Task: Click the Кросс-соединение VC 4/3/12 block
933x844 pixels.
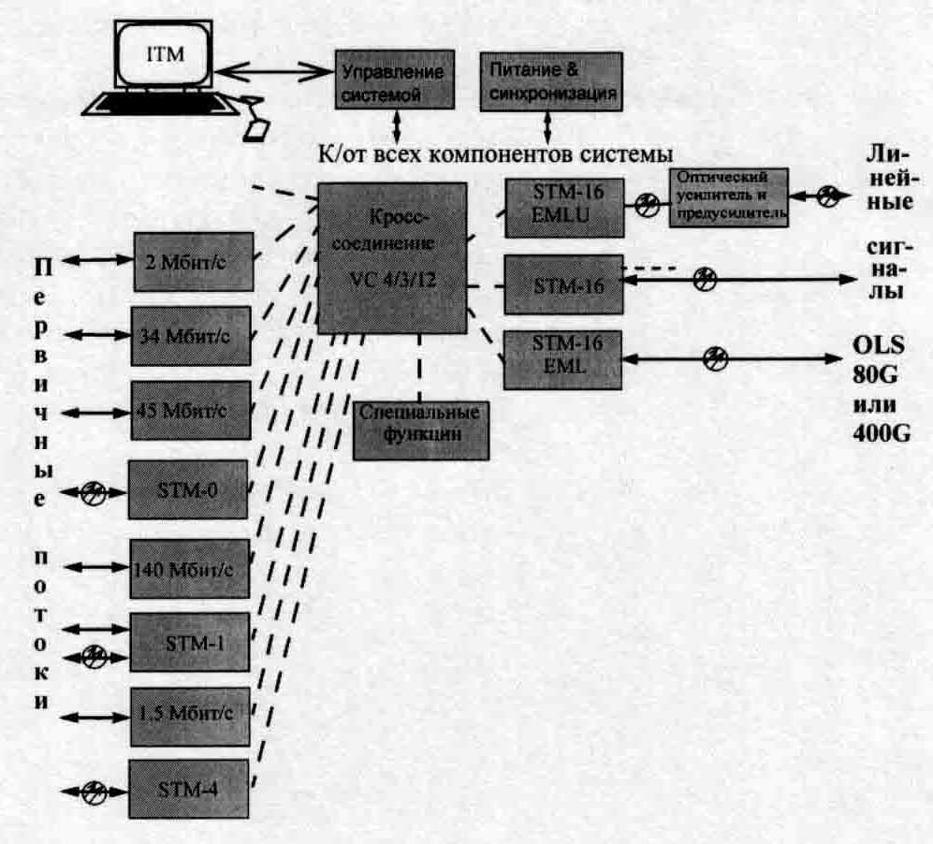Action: tap(392, 257)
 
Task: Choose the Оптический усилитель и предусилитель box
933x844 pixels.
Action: tap(729, 198)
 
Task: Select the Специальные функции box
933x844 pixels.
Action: tap(421, 427)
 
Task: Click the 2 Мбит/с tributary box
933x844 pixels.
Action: tap(193, 259)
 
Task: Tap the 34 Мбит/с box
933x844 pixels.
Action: tap(191, 334)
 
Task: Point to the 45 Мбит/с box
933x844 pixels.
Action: tap(191, 410)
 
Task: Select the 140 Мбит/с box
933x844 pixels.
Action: tap(190, 568)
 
